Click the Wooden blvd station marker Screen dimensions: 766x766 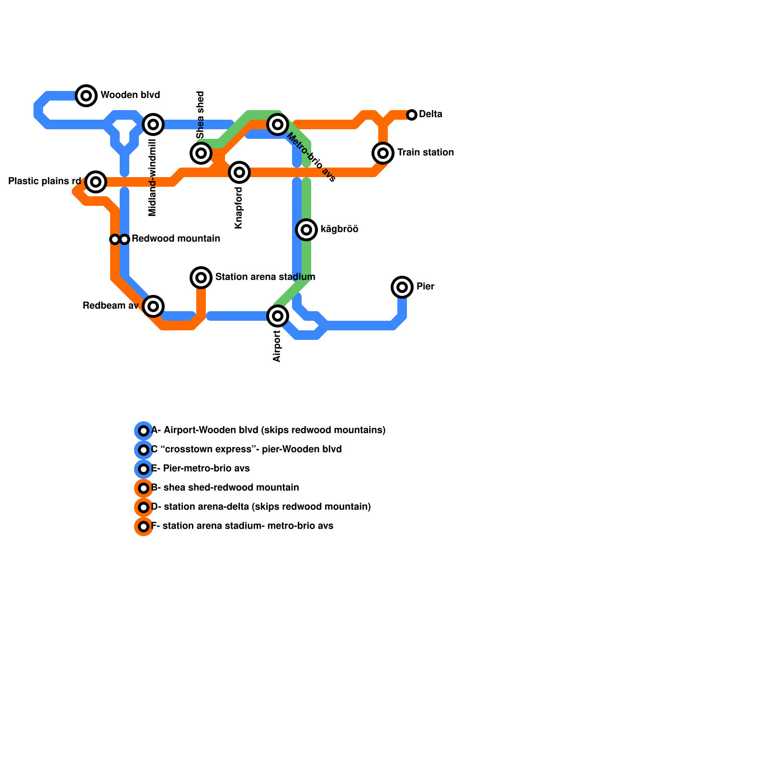[x=86, y=96]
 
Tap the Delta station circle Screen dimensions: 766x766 [x=412, y=115]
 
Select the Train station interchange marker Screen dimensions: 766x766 [x=383, y=153]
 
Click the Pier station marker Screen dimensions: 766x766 [x=402, y=287]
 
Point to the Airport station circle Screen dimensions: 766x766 [x=278, y=316]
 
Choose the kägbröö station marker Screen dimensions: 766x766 [x=306, y=230]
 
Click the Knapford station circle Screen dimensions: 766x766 [x=239, y=172]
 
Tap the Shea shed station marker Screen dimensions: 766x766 [x=201, y=153]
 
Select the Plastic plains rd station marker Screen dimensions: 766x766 [x=96, y=182]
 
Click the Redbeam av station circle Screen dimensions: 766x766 [x=153, y=306]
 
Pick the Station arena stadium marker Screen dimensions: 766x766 [x=201, y=278]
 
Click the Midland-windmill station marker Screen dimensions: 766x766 [x=153, y=124]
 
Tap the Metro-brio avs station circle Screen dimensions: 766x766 [x=278, y=124]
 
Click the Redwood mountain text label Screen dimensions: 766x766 [x=176, y=239]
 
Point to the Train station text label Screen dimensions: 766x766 [x=425, y=153]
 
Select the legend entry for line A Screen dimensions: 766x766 [x=268, y=430]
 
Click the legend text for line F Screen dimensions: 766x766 [x=242, y=526]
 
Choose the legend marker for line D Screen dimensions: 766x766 [x=144, y=507]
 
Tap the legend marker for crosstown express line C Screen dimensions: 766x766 [x=144, y=450]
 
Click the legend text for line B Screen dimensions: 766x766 [x=225, y=488]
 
